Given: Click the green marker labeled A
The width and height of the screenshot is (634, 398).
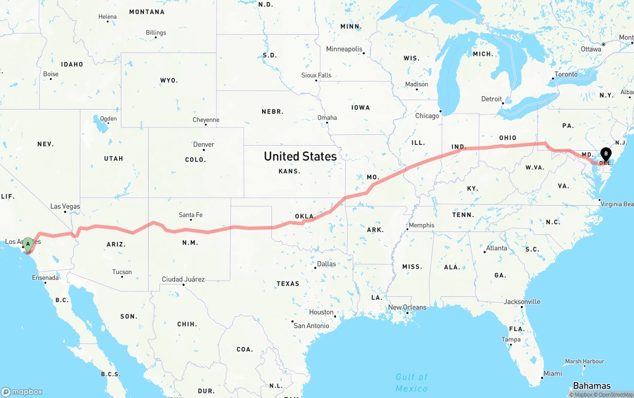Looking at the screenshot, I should coord(28,243).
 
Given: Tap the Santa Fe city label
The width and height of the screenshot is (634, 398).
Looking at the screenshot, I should coord(191,215).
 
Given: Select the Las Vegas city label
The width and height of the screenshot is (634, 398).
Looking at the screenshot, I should coord(65,206).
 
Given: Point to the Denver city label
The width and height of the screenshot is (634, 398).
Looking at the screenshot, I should coord(204,145).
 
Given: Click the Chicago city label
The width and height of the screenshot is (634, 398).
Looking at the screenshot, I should coord(427,116).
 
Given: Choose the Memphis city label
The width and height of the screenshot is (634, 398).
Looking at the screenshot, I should coord(422,225).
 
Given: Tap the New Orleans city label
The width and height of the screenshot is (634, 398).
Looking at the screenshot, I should coord(407,307).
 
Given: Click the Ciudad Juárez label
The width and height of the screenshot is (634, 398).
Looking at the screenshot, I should coord(183,279).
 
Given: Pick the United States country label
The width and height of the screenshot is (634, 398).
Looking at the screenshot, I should coord(300,157).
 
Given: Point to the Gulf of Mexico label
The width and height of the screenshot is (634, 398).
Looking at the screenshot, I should coord(412,383).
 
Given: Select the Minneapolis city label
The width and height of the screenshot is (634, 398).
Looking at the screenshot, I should coord(344,49).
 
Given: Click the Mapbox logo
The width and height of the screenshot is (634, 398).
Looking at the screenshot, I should coord(22,392).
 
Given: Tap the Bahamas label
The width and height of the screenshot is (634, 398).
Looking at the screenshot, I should coord(591,386).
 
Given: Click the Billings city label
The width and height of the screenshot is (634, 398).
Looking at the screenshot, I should coord(156,33).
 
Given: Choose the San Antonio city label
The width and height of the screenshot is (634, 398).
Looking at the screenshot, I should coord(312,326).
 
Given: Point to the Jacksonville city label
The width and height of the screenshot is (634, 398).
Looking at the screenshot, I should coord(522,301).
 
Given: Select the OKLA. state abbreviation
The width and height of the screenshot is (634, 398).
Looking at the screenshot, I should coord(305,217).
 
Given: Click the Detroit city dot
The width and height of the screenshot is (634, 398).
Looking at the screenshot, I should coord(503,103).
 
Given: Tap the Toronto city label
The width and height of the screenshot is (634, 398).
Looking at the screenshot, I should coord(566,74).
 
